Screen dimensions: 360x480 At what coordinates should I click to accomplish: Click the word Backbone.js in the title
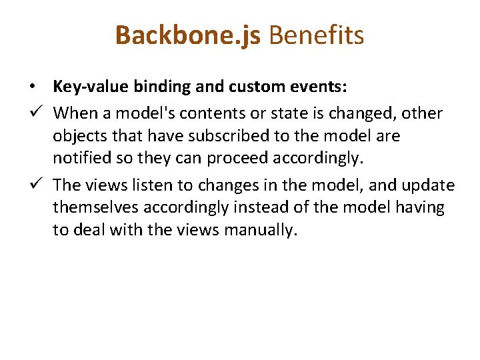click(x=189, y=35)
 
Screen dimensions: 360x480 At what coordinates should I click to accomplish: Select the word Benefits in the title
click(x=317, y=35)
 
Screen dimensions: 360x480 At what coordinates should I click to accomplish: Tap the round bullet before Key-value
click(x=32, y=87)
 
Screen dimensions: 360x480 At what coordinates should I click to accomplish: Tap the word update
click(x=428, y=185)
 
